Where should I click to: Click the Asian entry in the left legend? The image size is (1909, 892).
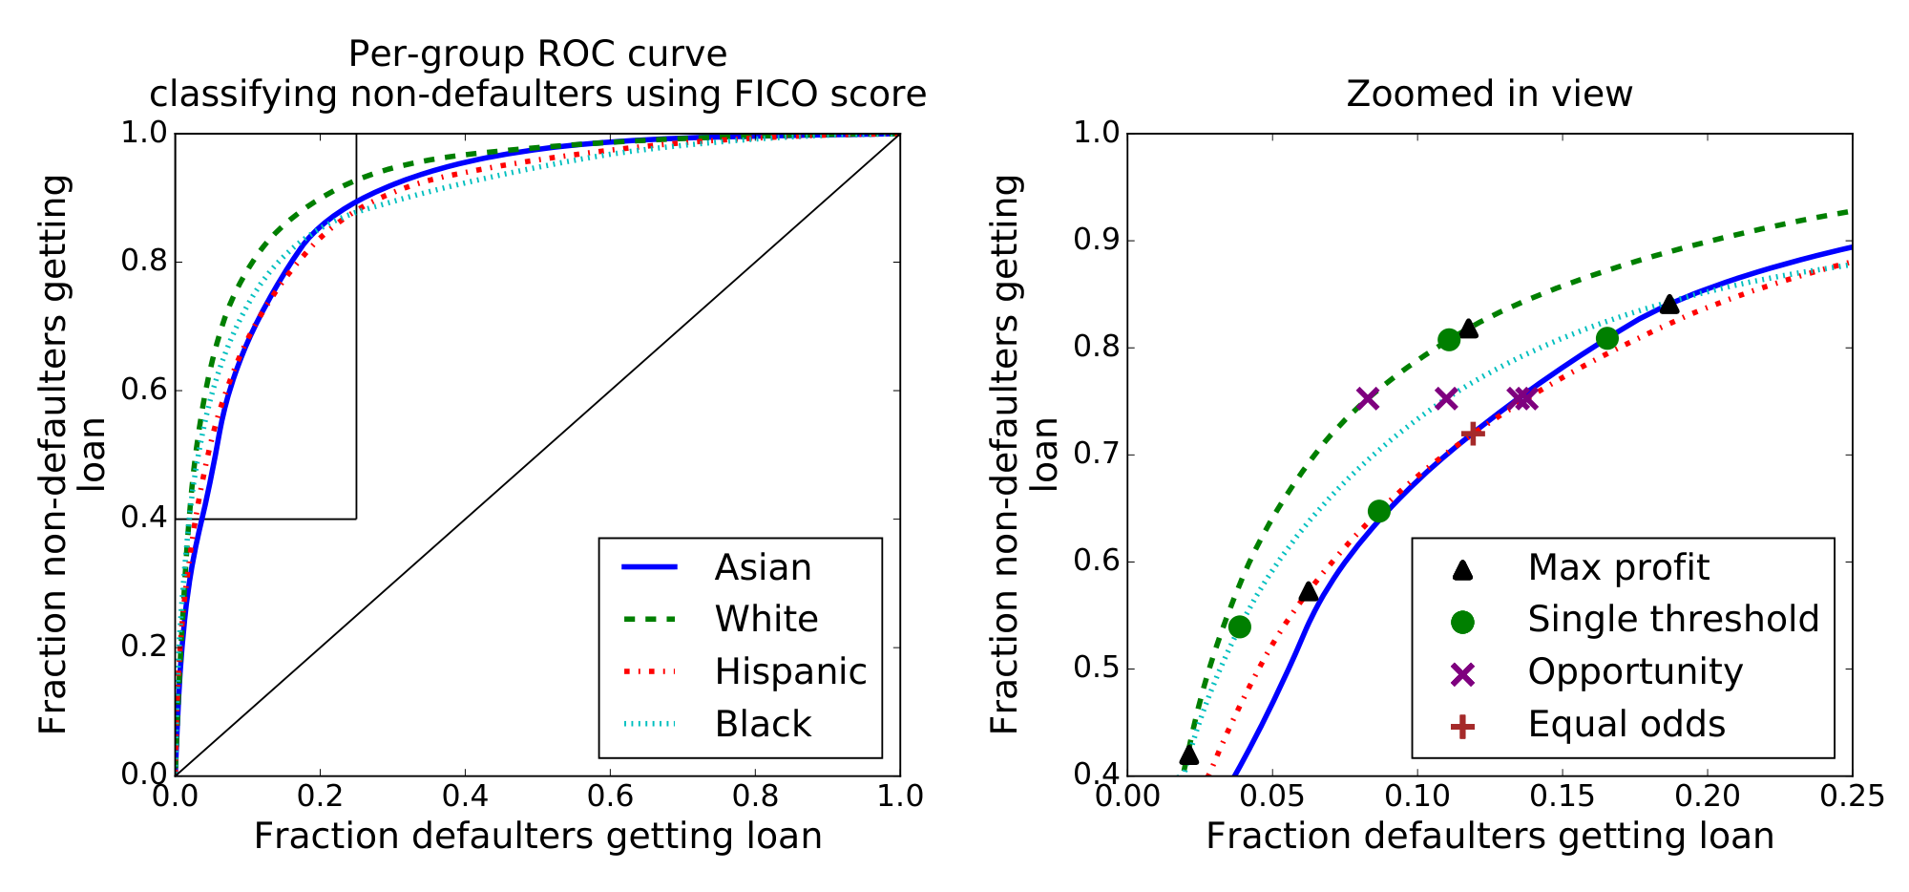(763, 567)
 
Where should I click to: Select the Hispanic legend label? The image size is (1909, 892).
(790, 671)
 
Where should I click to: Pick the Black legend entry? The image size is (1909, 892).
(763, 724)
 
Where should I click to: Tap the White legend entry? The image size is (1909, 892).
(766, 619)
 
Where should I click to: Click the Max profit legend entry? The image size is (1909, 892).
(1618, 567)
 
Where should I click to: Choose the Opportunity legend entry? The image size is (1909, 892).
(1635, 671)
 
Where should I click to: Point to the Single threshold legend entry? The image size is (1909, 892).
(1673, 619)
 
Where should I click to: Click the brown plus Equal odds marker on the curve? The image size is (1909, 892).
(1473, 434)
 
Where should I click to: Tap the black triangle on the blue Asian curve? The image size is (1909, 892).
(1668, 304)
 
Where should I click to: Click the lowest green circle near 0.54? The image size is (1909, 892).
(1240, 627)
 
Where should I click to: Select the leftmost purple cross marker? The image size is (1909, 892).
(1368, 398)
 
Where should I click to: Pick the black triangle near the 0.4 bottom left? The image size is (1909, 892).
(1188, 754)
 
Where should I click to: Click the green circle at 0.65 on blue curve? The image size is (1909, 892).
(1378, 511)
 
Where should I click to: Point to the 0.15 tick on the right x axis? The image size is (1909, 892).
(1562, 796)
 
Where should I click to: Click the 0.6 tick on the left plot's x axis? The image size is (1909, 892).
(610, 796)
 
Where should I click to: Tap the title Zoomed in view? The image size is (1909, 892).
(1489, 94)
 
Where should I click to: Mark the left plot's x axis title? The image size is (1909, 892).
(537, 837)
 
